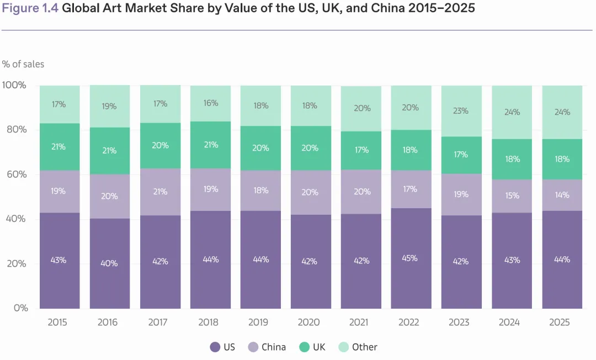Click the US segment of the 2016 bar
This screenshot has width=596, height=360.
[109, 263]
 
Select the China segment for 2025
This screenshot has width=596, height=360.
[562, 195]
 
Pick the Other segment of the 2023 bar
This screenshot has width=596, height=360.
[461, 110]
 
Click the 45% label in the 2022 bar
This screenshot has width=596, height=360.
[411, 258]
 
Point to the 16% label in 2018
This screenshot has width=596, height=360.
[210, 103]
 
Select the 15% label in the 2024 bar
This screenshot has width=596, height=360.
[512, 196]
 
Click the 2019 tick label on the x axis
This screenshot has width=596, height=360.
[258, 322]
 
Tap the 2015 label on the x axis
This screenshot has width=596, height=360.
[57, 322]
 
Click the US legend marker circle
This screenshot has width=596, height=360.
[215, 347]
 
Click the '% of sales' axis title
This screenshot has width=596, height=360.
[23, 64]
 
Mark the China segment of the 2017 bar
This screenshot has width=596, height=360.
[159, 192]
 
